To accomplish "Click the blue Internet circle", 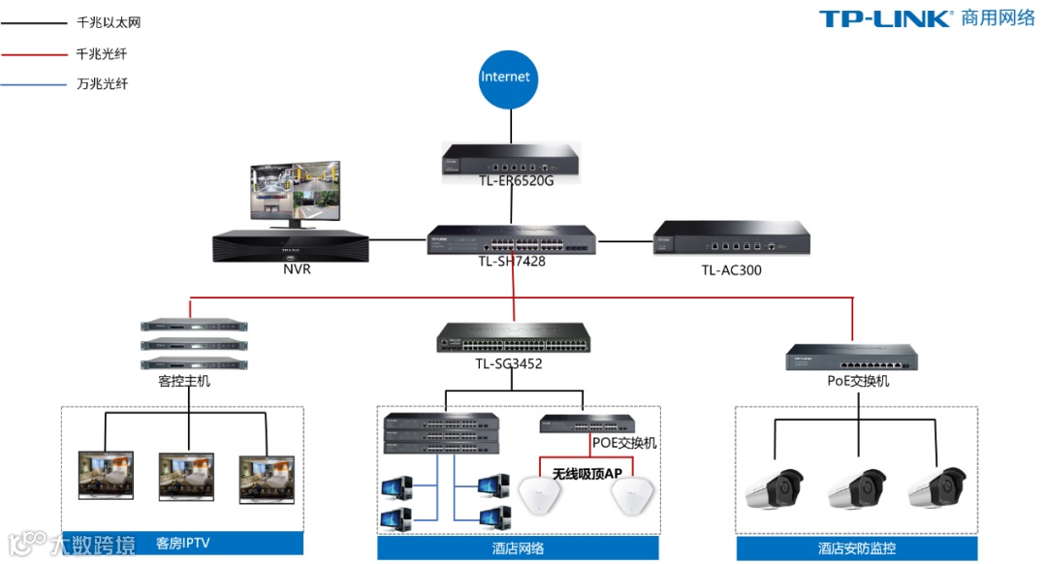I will tap(507, 77).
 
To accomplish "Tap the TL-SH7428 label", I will tap(512, 261).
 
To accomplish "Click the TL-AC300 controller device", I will tap(732, 238).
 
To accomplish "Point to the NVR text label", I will tap(297, 269).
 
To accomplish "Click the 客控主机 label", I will tap(183, 381).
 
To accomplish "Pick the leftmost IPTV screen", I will tap(106, 475).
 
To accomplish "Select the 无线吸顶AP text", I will tap(587, 474).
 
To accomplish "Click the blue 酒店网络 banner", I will tap(518, 548).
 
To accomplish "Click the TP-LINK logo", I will tap(885, 19).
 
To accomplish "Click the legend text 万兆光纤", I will tap(102, 84).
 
